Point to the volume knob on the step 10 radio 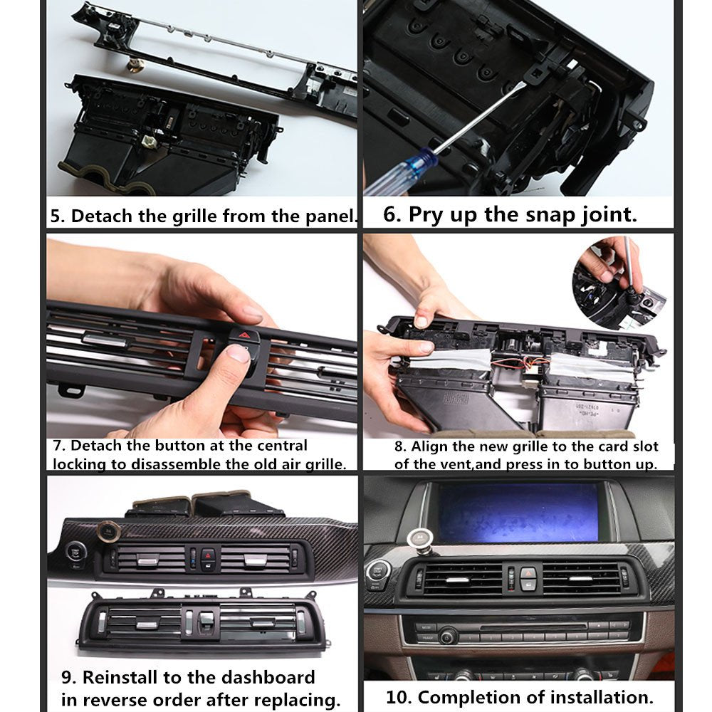tap(448, 633)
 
